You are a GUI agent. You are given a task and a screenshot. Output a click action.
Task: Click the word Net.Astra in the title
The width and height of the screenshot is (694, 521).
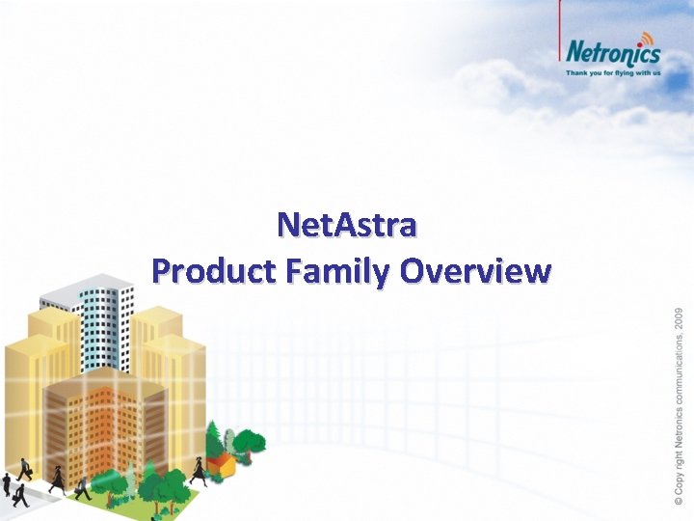coord(346,226)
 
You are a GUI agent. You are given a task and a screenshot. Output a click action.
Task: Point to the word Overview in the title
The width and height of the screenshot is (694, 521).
coord(475,271)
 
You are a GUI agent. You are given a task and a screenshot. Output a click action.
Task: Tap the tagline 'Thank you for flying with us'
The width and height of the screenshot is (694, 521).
coord(612,72)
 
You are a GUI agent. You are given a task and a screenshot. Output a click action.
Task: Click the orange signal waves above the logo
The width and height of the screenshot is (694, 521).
coord(644,36)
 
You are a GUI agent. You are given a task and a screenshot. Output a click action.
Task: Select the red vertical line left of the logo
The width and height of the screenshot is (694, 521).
coord(561,39)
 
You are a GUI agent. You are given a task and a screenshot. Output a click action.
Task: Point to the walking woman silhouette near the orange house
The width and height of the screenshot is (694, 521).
coord(198,471)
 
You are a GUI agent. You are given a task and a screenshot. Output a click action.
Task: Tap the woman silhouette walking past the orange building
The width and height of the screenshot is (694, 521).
coord(57,479)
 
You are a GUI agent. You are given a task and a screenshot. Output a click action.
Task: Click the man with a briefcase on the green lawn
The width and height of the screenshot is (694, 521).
coord(82,487)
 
